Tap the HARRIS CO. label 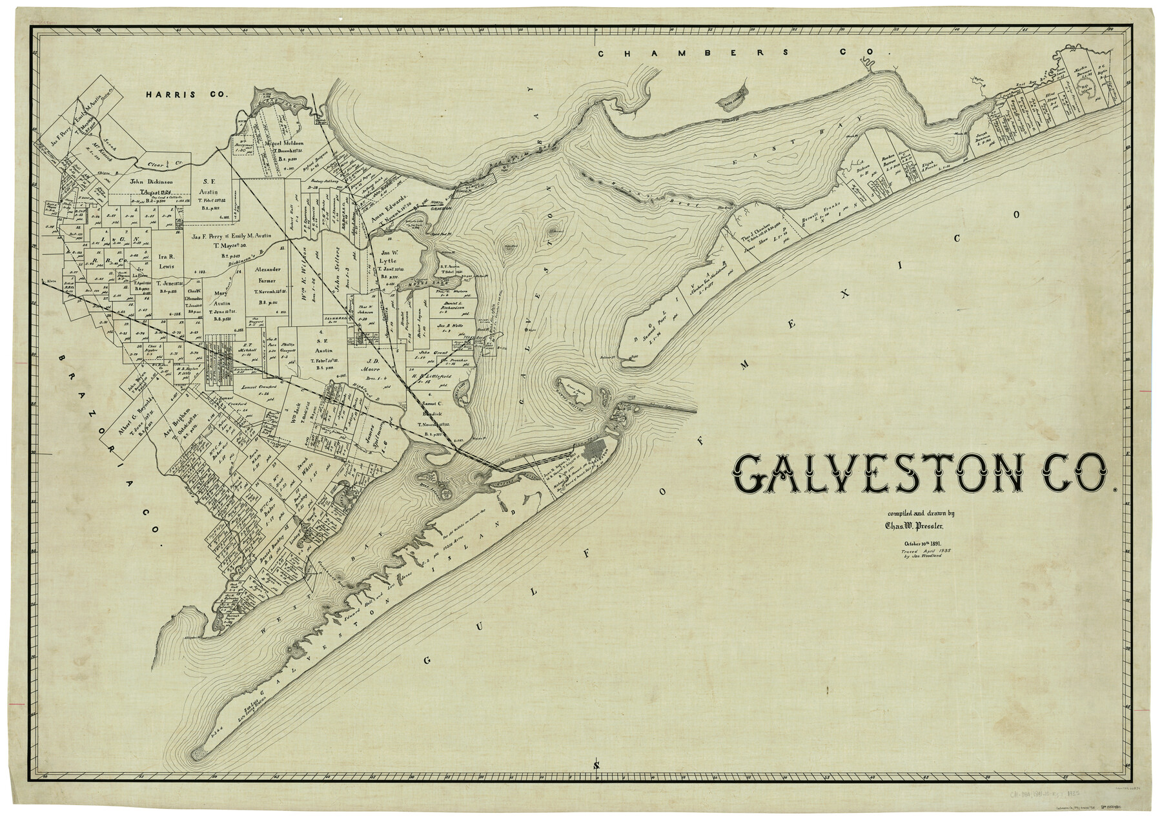[x=187, y=94]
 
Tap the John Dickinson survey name [x=145, y=181]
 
